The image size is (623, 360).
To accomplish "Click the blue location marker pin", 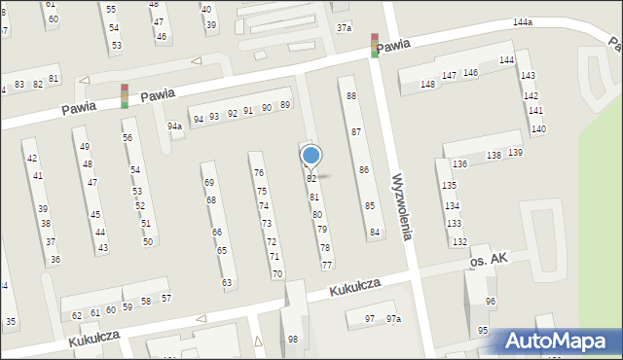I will [x=311, y=156].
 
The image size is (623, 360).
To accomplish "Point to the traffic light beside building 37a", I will [x=375, y=45].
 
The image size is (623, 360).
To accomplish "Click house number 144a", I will [x=523, y=21].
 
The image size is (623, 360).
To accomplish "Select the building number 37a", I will [x=344, y=28].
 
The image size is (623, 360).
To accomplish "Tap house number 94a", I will [x=174, y=126].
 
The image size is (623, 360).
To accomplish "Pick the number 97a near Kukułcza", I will [x=392, y=319].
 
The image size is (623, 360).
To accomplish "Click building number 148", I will [x=427, y=85].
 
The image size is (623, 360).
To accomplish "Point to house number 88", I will [x=351, y=95].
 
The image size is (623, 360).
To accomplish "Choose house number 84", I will [x=375, y=233].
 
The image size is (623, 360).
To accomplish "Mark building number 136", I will [x=459, y=164].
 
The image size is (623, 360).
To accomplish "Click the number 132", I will [x=459, y=241].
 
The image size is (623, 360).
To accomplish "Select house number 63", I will [x=227, y=283].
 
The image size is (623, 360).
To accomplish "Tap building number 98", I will [x=293, y=339].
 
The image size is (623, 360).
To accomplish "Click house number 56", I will [x=128, y=137].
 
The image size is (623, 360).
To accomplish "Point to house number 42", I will [x=32, y=158].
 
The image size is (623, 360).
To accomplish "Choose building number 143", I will [x=527, y=75].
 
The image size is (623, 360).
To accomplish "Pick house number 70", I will [x=277, y=274].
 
